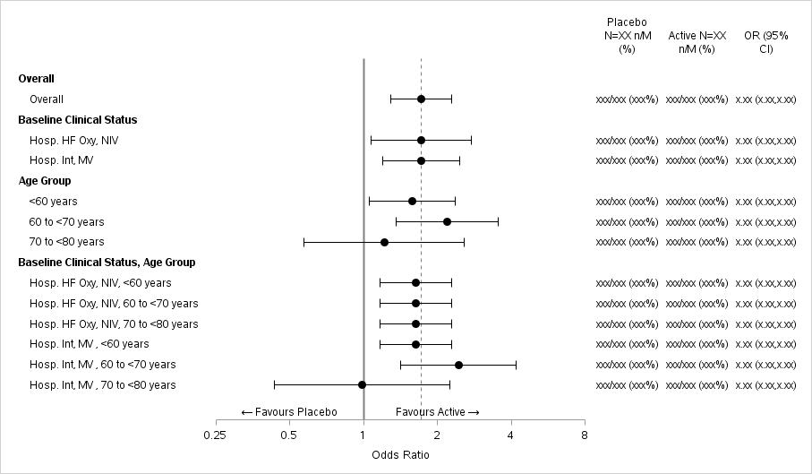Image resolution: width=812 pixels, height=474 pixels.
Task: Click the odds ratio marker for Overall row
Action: (x=421, y=99)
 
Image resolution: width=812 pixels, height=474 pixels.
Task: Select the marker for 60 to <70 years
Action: (x=447, y=221)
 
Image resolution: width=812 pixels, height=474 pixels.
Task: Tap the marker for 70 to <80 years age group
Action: (x=384, y=242)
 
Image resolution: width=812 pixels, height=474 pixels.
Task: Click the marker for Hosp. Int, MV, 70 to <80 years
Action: (x=363, y=385)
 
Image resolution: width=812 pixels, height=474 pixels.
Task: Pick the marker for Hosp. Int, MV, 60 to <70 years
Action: (x=458, y=365)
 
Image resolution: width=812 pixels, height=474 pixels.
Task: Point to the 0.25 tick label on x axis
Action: (x=215, y=435)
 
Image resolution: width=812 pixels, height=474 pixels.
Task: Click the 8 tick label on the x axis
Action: (x=584, y=435)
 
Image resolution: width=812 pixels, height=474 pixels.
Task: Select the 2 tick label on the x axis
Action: (x=437, y=435)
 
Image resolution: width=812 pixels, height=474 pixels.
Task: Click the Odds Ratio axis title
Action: (x=400, y=455)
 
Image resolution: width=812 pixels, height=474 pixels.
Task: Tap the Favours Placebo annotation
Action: (x=289, y=412)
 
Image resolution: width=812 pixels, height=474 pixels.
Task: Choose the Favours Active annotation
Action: (x=438, y=412)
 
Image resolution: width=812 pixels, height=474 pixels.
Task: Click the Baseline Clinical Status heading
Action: (x=78, y=119)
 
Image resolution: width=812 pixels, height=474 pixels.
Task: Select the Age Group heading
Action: (x=45, y=181)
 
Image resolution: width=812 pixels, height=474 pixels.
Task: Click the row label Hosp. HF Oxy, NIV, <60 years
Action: (x=100, y=283)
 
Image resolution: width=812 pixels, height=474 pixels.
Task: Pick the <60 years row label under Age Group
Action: (x=53, y=202)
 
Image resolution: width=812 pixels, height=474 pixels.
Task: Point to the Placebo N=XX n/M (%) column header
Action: (x=627, y=35)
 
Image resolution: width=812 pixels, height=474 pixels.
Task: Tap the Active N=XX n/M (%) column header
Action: (x=697, y=42)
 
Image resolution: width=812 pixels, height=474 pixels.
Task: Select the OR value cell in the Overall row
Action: (x=765, y=99)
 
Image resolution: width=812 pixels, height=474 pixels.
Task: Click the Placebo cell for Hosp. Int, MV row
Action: (x=627, y=160)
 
